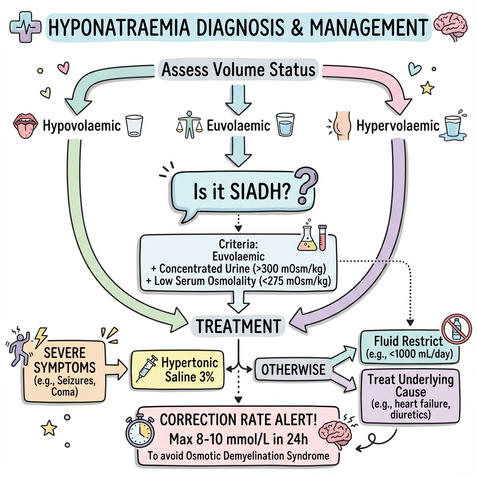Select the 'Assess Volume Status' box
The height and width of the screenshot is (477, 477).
coord(238,70)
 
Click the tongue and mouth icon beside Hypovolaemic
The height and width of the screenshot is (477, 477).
coord(24,125)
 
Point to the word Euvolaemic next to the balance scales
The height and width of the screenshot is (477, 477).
coord(239,126)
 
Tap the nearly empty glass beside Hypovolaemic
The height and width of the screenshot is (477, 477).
coord(135,126)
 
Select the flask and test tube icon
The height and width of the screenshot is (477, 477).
coord(312,238)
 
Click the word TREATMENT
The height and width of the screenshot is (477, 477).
coord(238,326)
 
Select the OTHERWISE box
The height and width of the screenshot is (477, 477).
coord(293,370)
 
